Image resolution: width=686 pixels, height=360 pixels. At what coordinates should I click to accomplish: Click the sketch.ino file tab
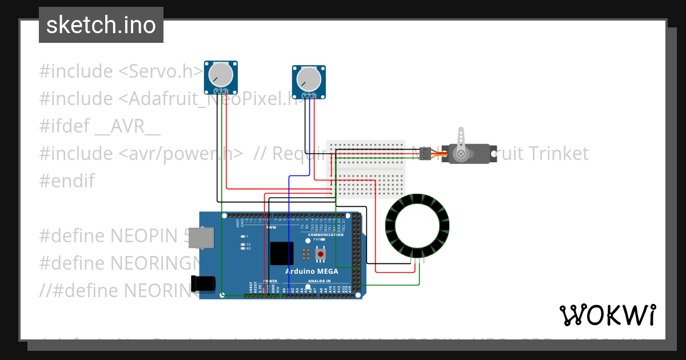101,25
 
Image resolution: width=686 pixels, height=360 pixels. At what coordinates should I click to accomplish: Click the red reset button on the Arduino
321,253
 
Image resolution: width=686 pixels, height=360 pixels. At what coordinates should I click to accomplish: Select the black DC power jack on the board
203,283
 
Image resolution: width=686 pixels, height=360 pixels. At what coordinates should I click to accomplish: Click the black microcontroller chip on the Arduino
282,253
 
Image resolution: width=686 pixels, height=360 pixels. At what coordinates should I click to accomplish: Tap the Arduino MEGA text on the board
312,271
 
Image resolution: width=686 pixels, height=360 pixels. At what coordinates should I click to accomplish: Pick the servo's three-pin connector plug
424,154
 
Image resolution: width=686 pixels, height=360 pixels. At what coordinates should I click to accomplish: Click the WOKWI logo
607,315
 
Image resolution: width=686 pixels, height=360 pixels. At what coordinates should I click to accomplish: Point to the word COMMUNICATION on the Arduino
326,235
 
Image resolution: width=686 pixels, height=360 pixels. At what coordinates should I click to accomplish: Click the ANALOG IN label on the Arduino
320,281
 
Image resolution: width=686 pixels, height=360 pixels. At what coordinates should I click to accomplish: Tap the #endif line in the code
67,181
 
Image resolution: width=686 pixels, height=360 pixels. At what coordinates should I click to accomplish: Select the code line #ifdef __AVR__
100,126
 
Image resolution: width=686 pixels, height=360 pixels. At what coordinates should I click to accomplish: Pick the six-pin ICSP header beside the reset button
307,253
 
